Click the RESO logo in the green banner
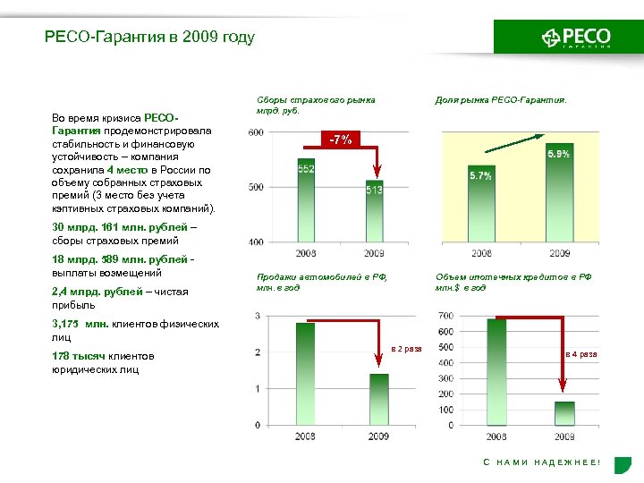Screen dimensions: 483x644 point(576,38)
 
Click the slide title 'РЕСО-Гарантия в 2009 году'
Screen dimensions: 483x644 point(149,38)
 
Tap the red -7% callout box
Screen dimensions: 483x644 point(341,140)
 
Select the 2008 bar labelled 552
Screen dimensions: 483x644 point(306,201)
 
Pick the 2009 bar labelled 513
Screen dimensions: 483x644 point(374,212)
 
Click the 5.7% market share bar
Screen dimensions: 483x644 point(480,204)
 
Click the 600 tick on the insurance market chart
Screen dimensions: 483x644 point(256,132)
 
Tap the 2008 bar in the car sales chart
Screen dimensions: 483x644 point(306,373)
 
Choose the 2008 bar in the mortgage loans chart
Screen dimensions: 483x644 point(496,371)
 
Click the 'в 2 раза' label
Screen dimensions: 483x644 point(407,349)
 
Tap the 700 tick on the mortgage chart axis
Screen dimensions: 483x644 point(445,316)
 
